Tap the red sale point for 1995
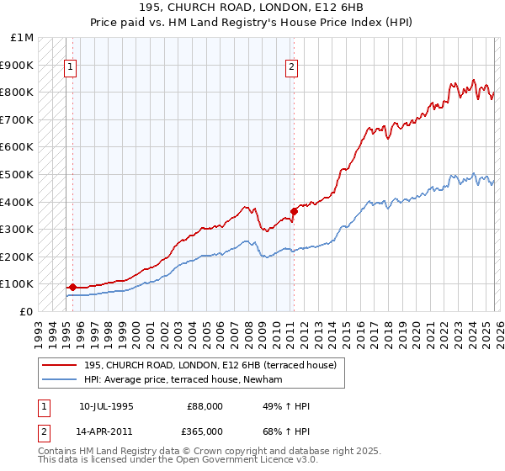click(x=72, y=288)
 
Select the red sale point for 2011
click(x=294, y=211)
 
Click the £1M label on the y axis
click(x=23, y=38)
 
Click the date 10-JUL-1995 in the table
click(x=106, y=406)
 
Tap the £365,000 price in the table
click(x=205, y=431)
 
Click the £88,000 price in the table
click(x=205, y=406)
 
